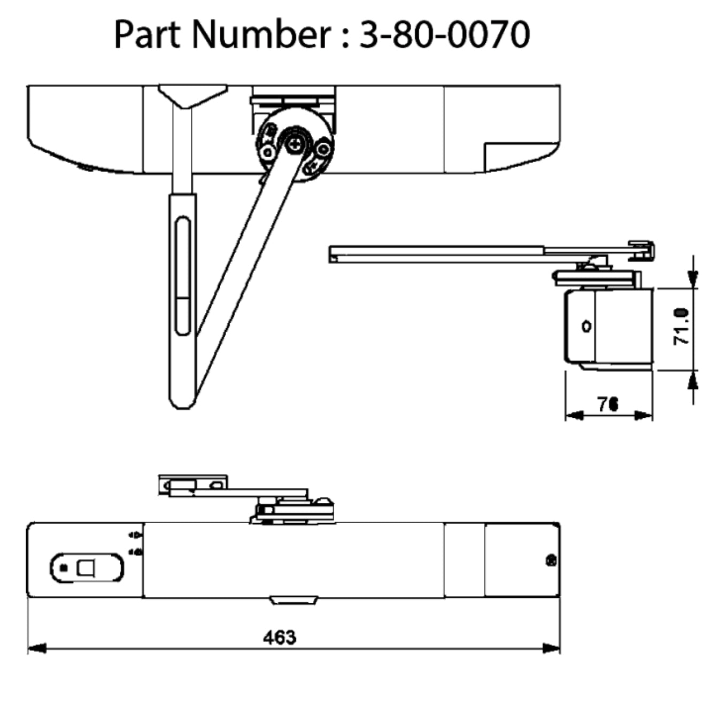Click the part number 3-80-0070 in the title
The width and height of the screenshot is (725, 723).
coord(444,35)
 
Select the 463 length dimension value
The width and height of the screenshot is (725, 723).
coord(279,637)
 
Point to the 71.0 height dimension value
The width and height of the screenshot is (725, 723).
coord(682,326)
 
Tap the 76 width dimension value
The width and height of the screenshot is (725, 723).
coord(608,405)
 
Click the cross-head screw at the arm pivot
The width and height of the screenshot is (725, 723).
coord(295,143)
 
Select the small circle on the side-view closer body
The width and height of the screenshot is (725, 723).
coord(587,325)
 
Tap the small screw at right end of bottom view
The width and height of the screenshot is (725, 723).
coord(551,561)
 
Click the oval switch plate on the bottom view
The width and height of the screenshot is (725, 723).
coord(87,567)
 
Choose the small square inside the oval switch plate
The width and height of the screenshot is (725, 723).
coord(86,567)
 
